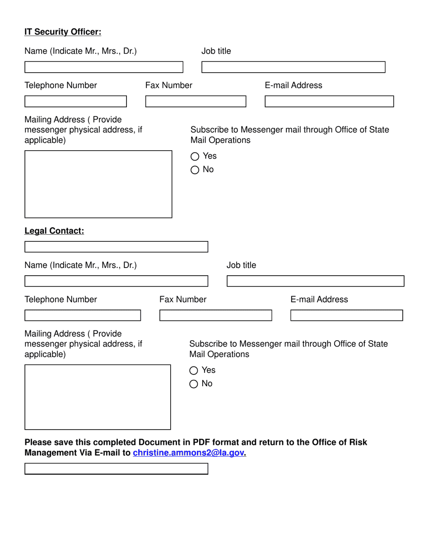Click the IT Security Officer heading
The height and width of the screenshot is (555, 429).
click(x=63, y=32)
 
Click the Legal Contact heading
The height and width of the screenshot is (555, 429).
click(x=54, y=231)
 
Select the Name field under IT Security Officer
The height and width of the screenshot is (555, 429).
click(x=103, y=67)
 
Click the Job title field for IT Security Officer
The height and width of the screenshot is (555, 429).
click(x=293, y=67)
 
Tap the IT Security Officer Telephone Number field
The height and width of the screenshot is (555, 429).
click(x=75, y=102)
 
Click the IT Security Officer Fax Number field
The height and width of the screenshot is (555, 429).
click(x=196, y=102)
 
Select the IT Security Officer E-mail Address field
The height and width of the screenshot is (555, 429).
click(x=329, y=102)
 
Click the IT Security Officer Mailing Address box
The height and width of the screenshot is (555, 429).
click(x=98, y=184)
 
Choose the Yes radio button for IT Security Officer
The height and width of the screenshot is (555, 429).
click(x=195, y=157)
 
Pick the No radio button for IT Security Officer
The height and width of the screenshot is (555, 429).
click(x=195, y=170)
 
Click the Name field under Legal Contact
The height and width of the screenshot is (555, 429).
click(x=116, y=281)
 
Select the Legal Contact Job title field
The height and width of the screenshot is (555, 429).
click(x=315, y=281)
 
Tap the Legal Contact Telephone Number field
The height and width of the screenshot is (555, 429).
click(x=83, y=315)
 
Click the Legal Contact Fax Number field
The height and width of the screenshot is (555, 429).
click(x=215, y=315)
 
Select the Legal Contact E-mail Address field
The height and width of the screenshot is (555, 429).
click(x=346, y=315)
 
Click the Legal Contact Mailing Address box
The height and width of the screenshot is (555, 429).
click(x=98, y=397)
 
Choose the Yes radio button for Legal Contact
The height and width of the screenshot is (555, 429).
click(x=194, y=370)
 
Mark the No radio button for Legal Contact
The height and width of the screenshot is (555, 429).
click(x=194, y=384)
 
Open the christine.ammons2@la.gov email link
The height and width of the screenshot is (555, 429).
click(x=188, y=453)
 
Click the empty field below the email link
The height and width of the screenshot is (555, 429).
click(x=116, y=469)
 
